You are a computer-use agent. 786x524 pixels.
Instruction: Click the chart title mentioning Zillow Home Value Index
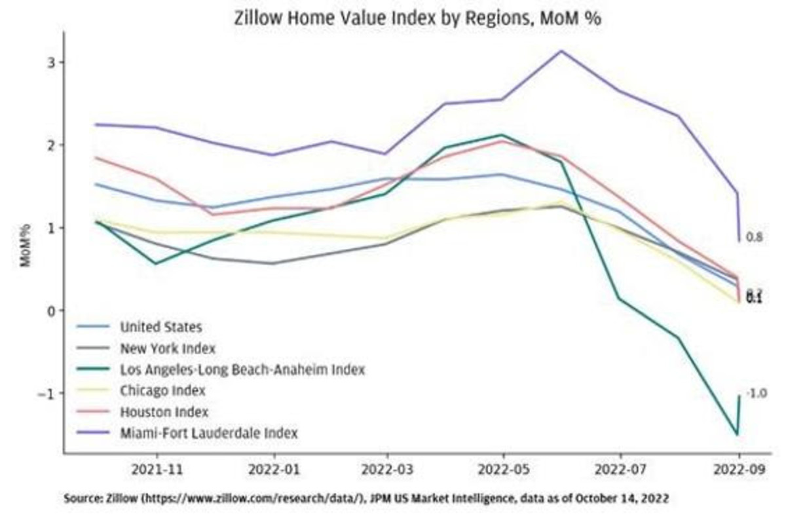click(x=417, y=18)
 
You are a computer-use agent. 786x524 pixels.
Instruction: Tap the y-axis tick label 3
click(x=53, y=62)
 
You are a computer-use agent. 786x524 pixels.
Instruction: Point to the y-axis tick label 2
click(x=53, y=145)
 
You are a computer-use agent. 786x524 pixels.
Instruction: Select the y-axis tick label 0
click(x=53, y=310)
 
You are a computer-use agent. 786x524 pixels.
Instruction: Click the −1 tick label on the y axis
click(x=50, y=393)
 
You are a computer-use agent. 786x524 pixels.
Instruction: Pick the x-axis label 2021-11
click(x=157, y=470)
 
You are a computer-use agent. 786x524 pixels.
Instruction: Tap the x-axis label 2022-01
click(x=274, y=470)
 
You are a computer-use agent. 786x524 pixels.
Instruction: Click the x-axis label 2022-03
click(x=388, y=470)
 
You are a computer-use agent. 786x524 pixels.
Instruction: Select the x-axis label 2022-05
click(x=503, y=470)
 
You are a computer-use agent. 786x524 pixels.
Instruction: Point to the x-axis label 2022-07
click(x=620, y=470)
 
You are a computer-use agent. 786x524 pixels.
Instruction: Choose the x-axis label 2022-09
click(x=739, y=470)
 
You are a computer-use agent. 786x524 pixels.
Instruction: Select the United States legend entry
click(x=160, y=326)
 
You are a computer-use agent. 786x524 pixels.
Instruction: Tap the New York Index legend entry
click(x=167, y=348)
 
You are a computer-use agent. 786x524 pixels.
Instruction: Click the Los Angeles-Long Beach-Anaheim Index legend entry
click(x=242, y=369)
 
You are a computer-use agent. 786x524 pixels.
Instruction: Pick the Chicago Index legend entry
click(x=162, y=391)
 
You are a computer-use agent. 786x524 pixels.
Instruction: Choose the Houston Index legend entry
click(x=164, y=412)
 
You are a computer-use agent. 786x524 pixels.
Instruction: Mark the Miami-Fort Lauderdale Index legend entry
click(x=208, y=433)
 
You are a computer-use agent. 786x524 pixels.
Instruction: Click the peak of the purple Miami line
click(x=561, y=50)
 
